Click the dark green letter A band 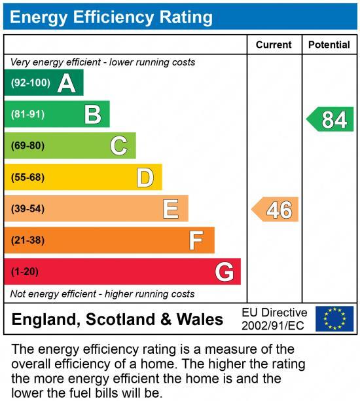pyautogui.click(x=43, y=83)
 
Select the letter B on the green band pyautogui.click(x=93, y=115)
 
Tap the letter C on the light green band pyautogui.click(x=118, y=145)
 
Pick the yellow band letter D pyautogui.click(x=145, y=178)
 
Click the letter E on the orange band pyautogui.click(x=171, y=209)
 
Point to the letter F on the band pyautogui.click(x=196, y=240)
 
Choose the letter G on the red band pyautogui.click(x=225, y=271)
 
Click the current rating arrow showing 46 pyautogui.click(x=276, y=210)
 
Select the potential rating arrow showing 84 pyautogui.click(x=331, y=119)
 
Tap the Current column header pyautogui.click(x=274, y=45)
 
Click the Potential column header pyautogui.click(x=329, y=45)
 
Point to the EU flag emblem pyautogui.click(x=334, y=318)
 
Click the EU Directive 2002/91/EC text pyautogui.click(x=274, y=318)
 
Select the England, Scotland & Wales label pyautogui.click(x=118, y=320)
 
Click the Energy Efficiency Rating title pyautogui.click(x=111, y=17)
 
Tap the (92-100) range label pyautogui.click(x=30, y=83)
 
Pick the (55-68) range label pyautogui.click(x=27, y=178)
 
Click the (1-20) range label pyautogui.click(x=25, y=271)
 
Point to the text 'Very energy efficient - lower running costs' pyautogui.click(x=103, y=62)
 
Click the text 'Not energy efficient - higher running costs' pyautogui.click(x=103, y=294)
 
